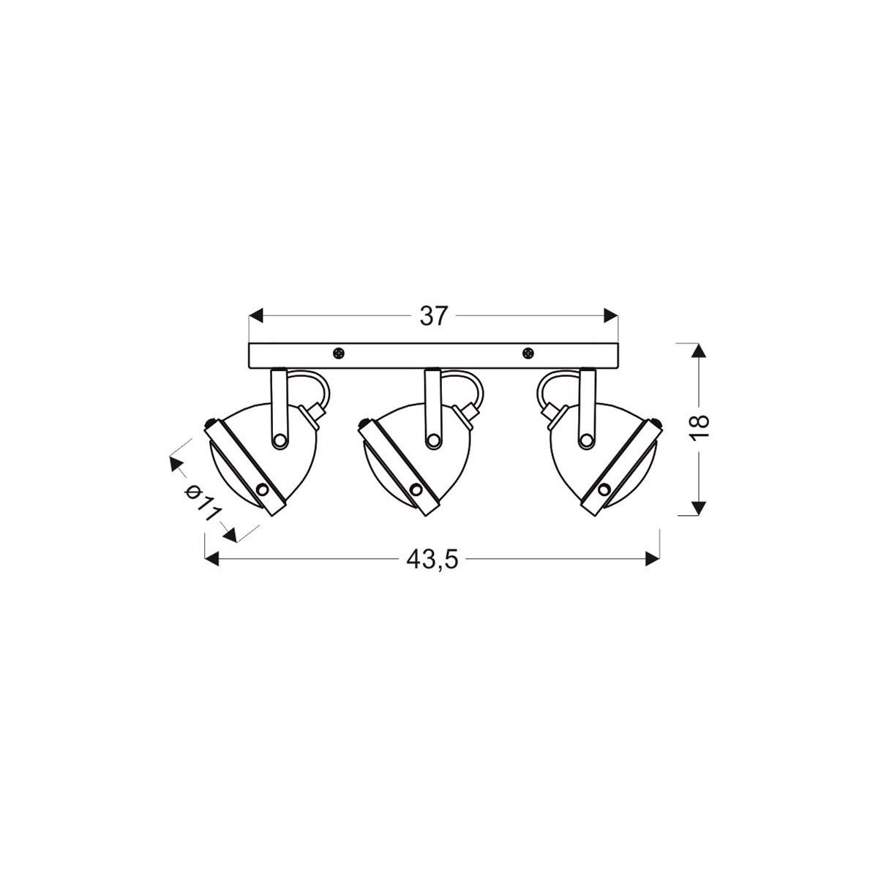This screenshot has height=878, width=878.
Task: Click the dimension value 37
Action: tap(433, 316)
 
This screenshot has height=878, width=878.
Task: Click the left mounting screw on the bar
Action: tap(338, 354)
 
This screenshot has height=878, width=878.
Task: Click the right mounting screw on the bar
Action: tap(528, 354)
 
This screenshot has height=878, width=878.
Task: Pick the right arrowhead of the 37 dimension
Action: tap(611, 316)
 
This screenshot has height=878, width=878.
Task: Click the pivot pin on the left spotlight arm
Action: tap(279, 440)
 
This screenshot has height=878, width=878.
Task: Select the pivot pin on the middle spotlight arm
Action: tap(433, 440)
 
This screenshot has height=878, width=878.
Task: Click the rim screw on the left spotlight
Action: tap(263, 489)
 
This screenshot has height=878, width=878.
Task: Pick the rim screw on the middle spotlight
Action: tap(416, 489)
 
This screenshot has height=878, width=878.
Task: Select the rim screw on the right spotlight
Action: tap(604, 489)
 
